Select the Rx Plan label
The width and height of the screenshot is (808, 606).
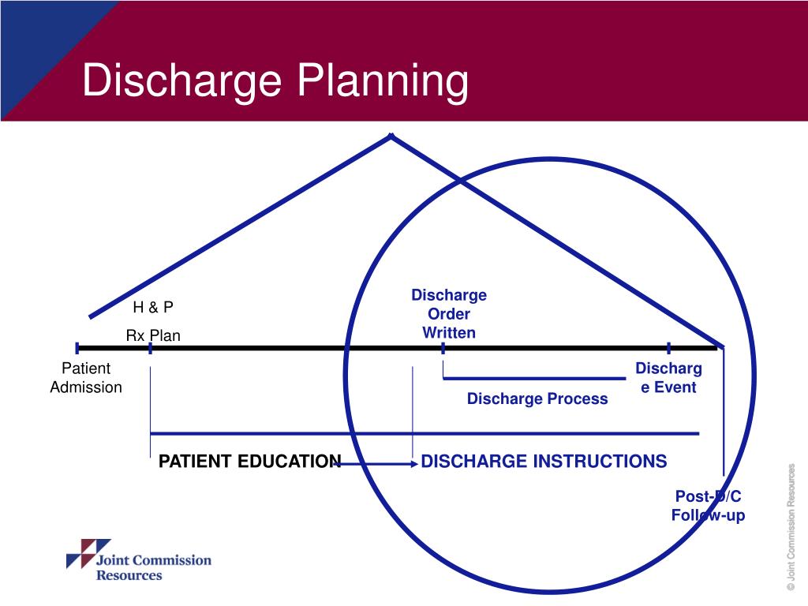[x=153, y=335]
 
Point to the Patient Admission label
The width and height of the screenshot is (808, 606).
[x=86, y=378]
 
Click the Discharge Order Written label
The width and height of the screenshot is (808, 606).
[x=449, y=314]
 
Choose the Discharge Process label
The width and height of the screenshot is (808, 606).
[x=537, y=398]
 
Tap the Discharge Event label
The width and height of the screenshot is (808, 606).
[x=668, y=378]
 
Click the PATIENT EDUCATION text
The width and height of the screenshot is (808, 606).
[x=250, y=462]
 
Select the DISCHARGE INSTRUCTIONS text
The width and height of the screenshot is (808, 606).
[x=544, y=462]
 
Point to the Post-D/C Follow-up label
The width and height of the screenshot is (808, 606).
[x=708, y=506]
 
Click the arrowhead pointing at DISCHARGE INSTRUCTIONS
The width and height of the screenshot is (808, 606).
[x=415, y=464]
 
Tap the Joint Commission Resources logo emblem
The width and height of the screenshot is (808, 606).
[x=78, y=553]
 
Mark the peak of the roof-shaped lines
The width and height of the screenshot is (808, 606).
[x=391, y=137]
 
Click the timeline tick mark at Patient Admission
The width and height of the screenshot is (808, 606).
[x=77, y=347]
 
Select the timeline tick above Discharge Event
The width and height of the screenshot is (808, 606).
[x=669, y=347]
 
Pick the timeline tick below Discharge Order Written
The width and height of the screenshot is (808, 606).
[x=443, y=348]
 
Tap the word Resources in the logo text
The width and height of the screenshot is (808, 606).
[x=129, y=575]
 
